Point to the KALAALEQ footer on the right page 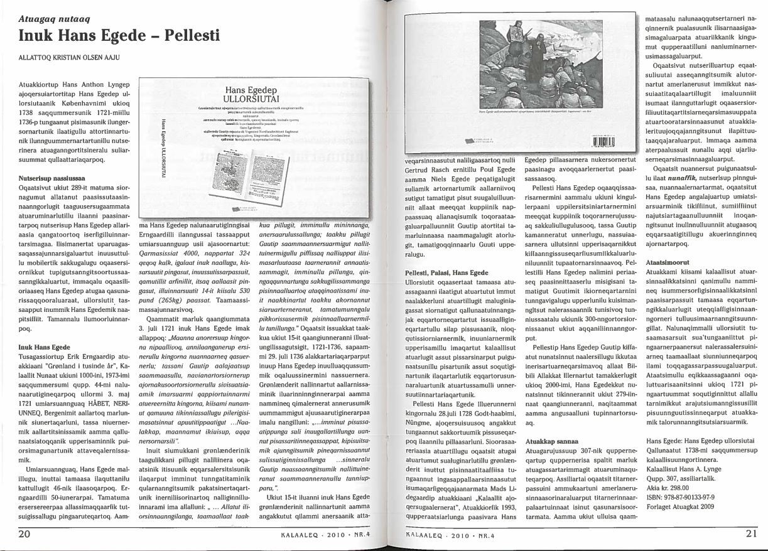coord(439,536)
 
